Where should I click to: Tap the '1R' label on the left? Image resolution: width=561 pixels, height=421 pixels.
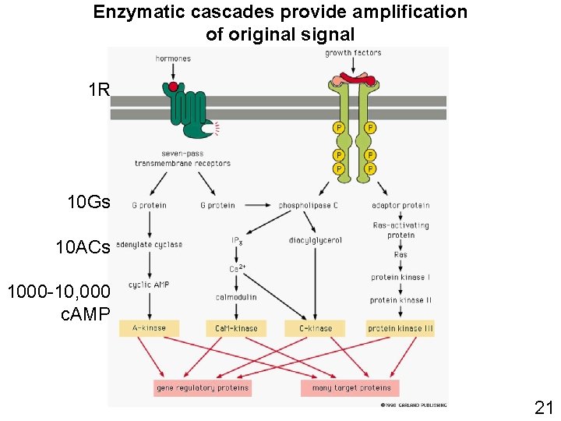[99, 90]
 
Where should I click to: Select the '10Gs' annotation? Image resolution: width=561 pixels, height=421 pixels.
[89, 203]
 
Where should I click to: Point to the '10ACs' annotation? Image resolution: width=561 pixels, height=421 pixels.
[83, 248]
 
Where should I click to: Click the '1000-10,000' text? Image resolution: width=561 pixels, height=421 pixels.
[58, 292]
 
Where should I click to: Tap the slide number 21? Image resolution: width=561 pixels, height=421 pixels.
[543, 406]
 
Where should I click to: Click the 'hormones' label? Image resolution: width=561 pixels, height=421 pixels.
[173, 58]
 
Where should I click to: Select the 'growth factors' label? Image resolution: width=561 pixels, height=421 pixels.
[353, 53]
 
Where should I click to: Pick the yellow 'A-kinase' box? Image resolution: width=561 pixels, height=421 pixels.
[149, 328]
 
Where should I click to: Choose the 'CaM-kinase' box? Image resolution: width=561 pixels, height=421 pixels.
[236, 328]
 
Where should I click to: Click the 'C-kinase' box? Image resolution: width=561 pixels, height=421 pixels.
[315, 328]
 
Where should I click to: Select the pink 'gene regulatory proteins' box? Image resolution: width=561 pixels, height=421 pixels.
[203, 387]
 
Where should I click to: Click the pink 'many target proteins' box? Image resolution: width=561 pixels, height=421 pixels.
[350, 387]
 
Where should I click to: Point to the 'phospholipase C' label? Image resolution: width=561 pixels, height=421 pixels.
[309, 206]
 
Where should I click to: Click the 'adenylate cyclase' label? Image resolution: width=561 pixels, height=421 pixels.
[150, 245]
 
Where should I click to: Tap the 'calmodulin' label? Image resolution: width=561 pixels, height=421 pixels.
[236, 297]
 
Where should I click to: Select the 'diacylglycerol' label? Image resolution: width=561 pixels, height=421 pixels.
[315, 240]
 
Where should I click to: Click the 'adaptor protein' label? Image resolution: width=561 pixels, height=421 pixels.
[400, 206]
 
